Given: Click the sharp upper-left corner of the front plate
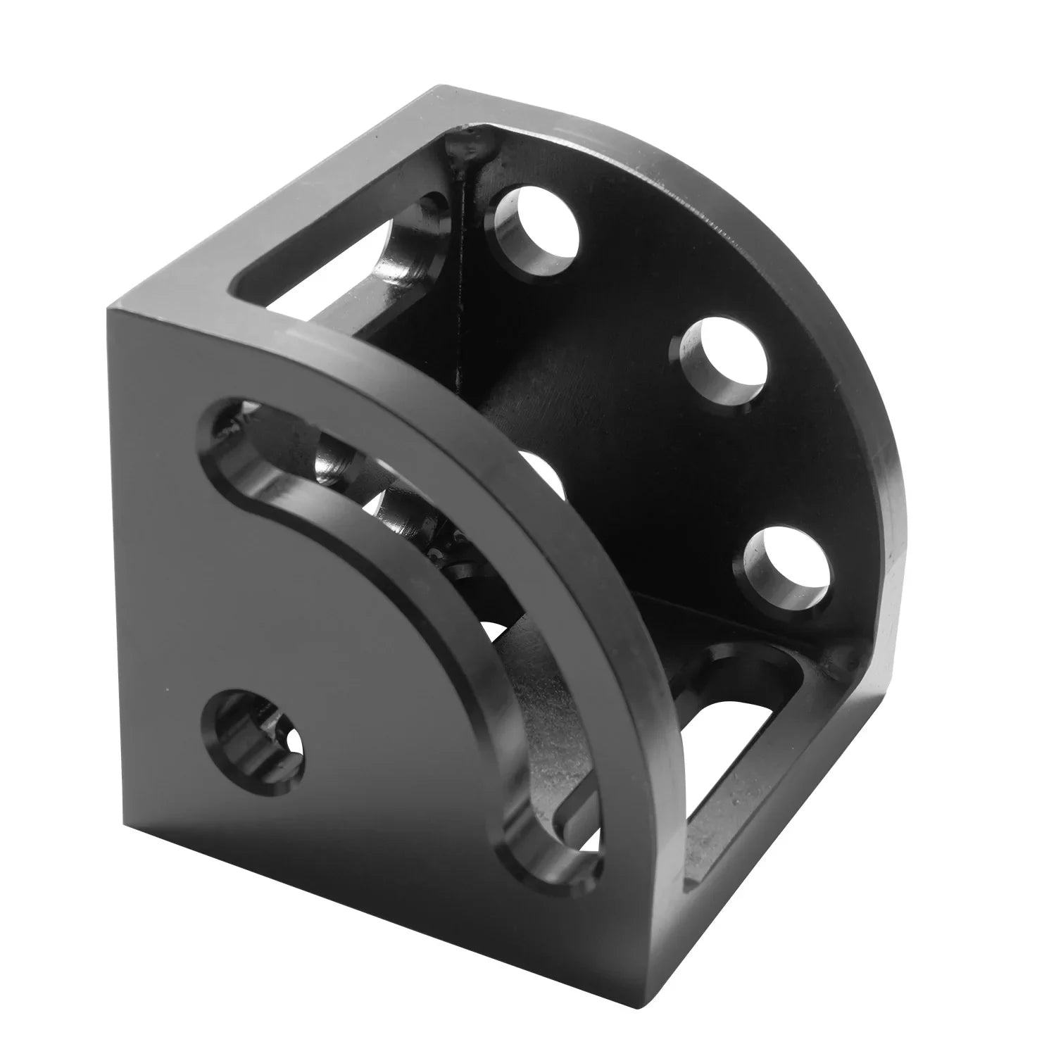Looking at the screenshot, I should [x=109, y=310].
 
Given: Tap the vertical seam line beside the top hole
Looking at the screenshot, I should [x=461, y=282].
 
